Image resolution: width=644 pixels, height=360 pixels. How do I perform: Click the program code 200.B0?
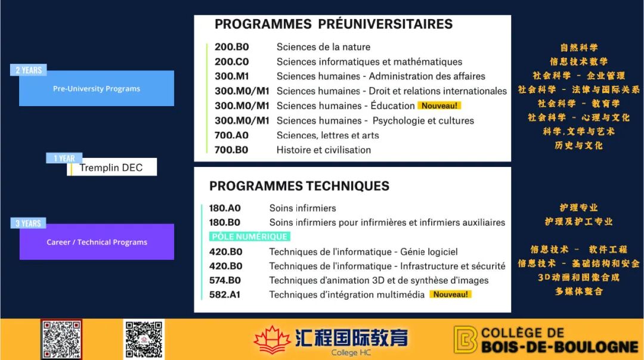(x=231, y=47)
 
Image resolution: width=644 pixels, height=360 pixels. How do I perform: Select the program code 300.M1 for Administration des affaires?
(x=231, y=76)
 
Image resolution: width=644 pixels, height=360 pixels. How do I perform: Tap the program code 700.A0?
(x=231, y=135)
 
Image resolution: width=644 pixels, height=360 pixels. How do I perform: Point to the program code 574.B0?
(x=225, y=280)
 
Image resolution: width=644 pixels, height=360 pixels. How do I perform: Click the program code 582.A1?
(x=225, y=294)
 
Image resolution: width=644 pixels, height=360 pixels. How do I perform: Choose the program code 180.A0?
(x=225, y=208)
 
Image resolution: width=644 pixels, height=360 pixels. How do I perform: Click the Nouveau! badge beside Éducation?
(x=439, y=106)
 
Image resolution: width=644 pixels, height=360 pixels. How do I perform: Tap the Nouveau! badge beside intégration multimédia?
(x=451, y=294)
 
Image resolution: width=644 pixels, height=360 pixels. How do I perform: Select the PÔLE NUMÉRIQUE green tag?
(x=250, y=237)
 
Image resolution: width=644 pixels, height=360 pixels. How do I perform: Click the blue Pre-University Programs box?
(x=97, y=88)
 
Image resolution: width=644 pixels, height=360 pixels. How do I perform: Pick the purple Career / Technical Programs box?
(x=97, y=242)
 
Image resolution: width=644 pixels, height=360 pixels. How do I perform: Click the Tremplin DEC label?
(x=112, y=167)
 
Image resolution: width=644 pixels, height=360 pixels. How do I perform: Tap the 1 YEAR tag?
(x=64, y=158)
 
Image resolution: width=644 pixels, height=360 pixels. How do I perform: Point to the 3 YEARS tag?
(x=28, y=224)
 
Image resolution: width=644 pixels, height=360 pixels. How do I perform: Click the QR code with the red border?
(x=61, y=339)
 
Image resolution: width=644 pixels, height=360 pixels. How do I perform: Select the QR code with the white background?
(x=144, y=339)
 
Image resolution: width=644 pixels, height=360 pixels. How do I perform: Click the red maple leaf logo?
(x=272, y=340)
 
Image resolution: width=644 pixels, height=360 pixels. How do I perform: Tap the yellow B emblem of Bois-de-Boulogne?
(x=465, y=340)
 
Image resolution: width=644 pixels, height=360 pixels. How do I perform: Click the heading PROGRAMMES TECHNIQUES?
(x=299, y=186)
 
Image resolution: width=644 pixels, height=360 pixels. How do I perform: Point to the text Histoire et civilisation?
(x=324, y=150)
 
